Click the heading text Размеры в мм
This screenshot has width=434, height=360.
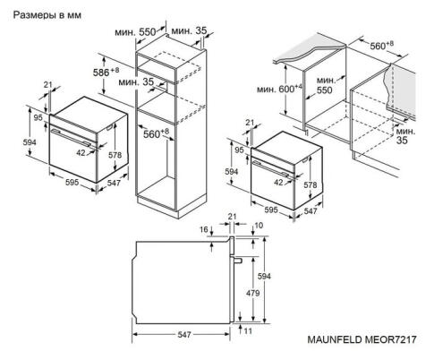[44, 14]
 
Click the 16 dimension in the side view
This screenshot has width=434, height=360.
[205, 230]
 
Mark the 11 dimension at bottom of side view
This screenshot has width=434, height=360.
[248, 331]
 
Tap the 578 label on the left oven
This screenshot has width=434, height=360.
[115, 155]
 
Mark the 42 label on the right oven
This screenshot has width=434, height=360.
[280, 182]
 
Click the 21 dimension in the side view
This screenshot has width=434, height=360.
[231, 216]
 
